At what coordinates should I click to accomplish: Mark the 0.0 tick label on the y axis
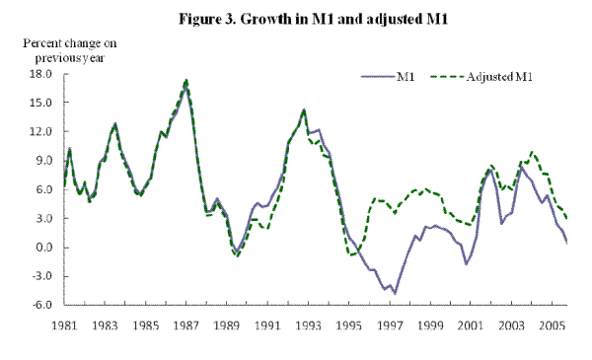42,248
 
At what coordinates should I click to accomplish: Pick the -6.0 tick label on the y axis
40,306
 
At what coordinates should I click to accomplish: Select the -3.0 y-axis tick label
40,276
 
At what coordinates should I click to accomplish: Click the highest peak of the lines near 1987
186,80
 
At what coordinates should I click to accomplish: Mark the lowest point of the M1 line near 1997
395,293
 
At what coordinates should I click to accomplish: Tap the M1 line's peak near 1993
304,110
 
